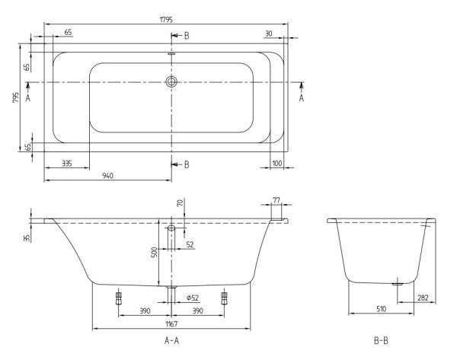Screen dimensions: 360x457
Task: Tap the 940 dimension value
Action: pyautogui.click(x=107, y=177)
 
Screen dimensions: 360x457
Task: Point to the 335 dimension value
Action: pyautogui.click(x=67, y=162)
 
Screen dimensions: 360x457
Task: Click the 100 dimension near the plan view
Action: pyautogui.click(x=276, y=162)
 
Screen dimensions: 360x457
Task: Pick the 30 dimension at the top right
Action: pyautogui.click(x=269, y=32)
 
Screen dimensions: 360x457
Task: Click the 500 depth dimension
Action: pyautogui.click(x=154, y=252)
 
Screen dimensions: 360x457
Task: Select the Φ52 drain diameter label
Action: pyautogui.click(x=192, y=297)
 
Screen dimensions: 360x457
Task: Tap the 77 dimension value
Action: pyautogui.click(x=276, y=200)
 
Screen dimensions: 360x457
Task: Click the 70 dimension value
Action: pyautogui.click(x=180, y=204)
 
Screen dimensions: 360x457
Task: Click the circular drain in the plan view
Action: pyautogui.click(x=171, y=81)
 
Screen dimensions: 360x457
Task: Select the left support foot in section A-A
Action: pyautogui.click(x=119, y=297)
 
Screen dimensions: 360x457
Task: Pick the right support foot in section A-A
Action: pyautogui.click(x=224, y=297)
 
